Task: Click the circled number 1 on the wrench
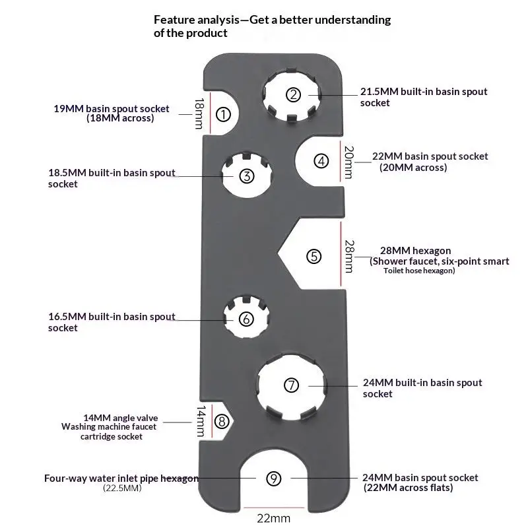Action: pos(223,114)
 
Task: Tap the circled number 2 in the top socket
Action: pos(293,94)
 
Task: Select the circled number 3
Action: pos(246,176)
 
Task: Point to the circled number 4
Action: pos(321,161)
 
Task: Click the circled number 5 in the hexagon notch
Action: pos(314,256)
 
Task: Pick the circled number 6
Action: pos(246,319)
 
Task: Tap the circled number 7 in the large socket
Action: pos(291,385)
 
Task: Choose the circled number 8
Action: pos(222,421)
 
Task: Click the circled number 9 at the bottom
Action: pos(273,478)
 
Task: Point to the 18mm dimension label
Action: pos(199,114)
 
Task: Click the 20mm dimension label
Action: pos(348,162)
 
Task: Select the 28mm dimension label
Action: pos(349,256)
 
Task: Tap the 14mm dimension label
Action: pos(201,421)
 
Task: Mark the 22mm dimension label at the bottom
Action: pos(273,518)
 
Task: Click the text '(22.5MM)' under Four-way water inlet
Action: pos(122,488)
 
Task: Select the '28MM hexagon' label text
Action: pos(416,251)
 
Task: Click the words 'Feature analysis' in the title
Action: pos(197,20)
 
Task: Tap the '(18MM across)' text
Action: pos(120,118)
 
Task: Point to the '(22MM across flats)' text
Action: pos(408,488)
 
